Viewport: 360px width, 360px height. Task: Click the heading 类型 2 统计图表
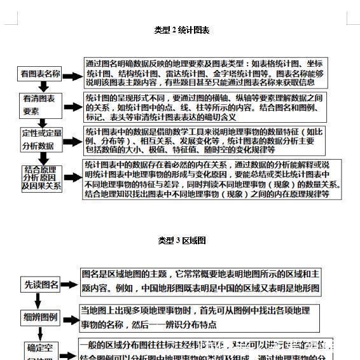[181, 30]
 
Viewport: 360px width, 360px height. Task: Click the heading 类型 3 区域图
[181, 240]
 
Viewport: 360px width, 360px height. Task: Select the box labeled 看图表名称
[39, 74]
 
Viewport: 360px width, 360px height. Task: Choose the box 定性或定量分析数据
[41, 139]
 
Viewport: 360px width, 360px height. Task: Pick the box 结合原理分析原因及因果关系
[41, 177]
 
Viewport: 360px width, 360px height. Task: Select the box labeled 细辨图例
[41, 317]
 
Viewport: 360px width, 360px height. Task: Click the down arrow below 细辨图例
[38, 333]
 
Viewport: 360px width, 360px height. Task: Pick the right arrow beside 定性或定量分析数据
[73, 139]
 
